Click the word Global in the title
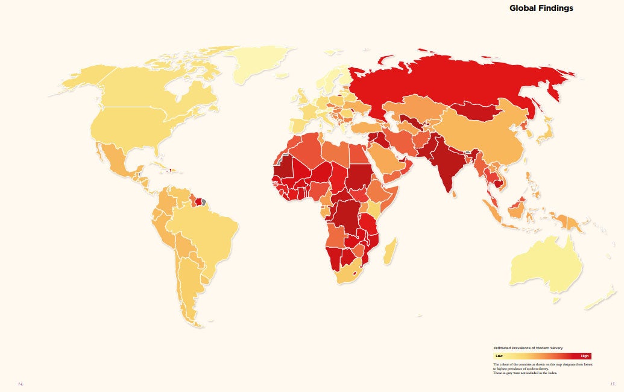coord(523,8)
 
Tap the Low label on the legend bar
coord(499,356)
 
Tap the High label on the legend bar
coord(584,356)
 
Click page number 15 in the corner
coord(612,384)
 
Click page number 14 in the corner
coord(20,384)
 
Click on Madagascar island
coord(391,250)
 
